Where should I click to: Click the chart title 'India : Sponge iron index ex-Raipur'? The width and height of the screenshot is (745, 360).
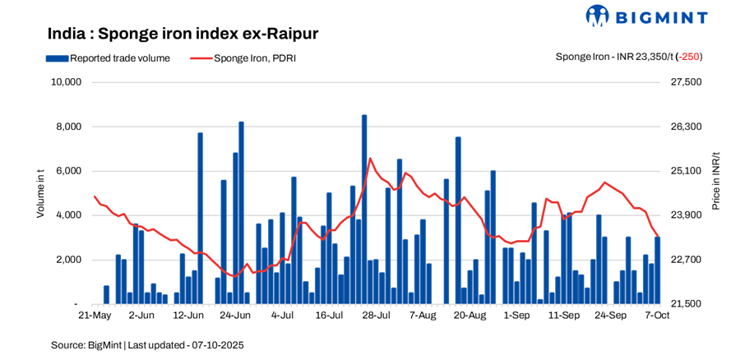tap(183, 34)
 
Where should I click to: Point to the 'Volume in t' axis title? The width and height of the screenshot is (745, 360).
tap(40, 193)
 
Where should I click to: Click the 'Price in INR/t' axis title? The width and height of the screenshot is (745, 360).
tap(716, 181)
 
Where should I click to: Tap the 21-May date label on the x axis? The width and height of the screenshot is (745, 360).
tap(95, 316)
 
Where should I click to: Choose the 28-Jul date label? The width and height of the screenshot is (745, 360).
tap(376, 316)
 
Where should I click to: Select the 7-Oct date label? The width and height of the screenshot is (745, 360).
tap(657, 316)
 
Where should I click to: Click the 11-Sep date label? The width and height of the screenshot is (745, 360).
tap(563, 316)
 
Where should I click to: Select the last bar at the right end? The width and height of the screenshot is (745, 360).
tap(657, 270)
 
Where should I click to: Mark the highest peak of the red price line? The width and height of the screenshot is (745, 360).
tap(370, 158)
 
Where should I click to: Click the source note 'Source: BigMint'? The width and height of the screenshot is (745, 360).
tap(86, 345)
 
